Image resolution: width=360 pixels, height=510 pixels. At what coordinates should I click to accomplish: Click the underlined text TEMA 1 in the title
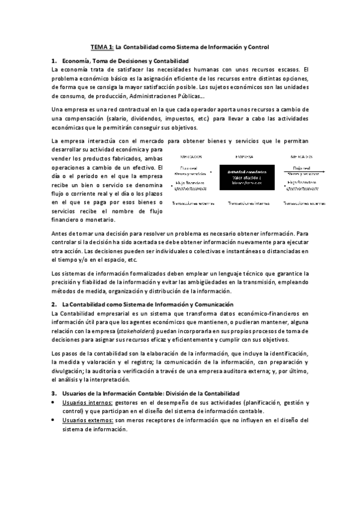point(102,46)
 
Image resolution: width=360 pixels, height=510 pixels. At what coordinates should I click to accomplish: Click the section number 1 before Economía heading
point(54,61)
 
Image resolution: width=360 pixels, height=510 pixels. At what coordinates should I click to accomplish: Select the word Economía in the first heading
point(79,61)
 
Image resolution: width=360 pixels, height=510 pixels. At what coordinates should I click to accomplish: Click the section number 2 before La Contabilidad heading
point(54,305)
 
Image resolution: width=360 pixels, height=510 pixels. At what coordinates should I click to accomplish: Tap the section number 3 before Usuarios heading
point(54,393)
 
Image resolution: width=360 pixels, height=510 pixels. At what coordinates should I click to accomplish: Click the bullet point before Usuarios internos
point(54,403)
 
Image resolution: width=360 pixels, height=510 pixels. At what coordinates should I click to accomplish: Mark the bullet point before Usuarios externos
point(54,421)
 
